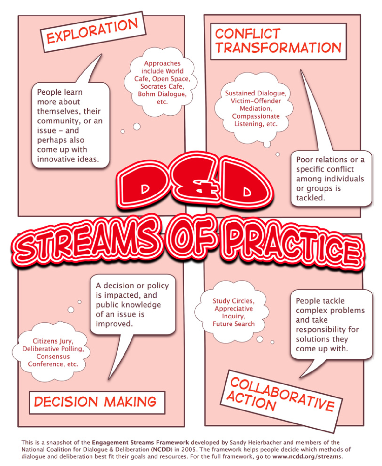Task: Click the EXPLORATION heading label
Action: coord(92,31)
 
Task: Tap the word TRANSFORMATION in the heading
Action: coord(278,48)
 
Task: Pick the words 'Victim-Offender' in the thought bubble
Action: coord(256,101)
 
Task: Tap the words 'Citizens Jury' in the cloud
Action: coord(53,341)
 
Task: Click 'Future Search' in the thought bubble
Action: coord(234,324)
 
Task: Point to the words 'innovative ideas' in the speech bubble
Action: coord(68,159)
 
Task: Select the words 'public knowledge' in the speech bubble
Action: coord(128,305)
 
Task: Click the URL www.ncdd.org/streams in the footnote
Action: coord(307,457)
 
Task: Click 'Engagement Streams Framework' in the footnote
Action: coord(140,443)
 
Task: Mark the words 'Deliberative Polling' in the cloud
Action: coord(53,349)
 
